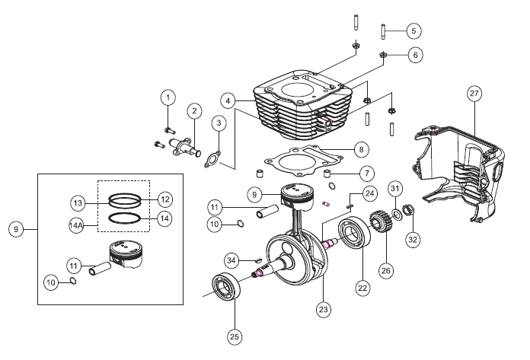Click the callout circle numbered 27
tap(474, 94)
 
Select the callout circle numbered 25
tap(235, 336)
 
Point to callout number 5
tap(413, 31)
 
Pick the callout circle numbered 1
tap(168, 97)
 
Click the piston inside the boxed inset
tap(126, 254)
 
